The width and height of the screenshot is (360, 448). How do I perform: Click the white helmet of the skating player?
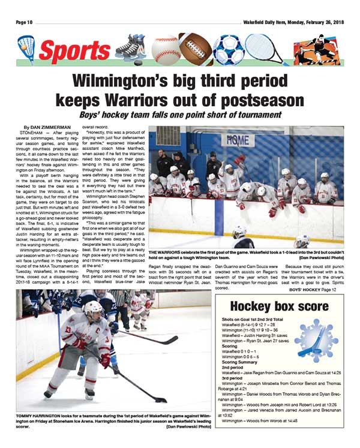[93, 308]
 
